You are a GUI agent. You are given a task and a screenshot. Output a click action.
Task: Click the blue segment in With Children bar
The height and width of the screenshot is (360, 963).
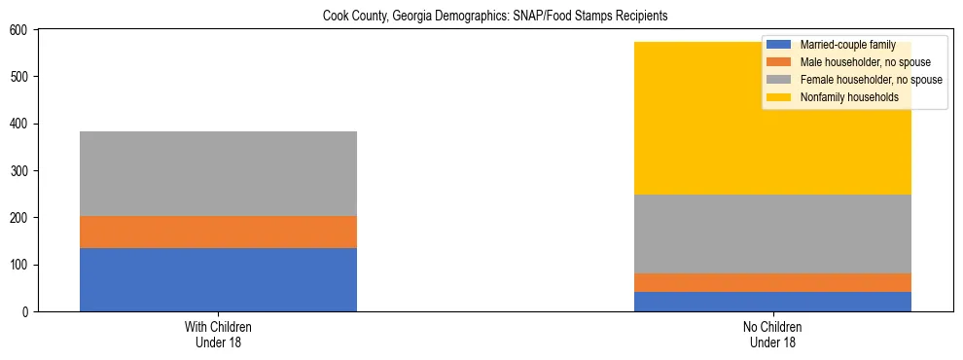coord(218,279)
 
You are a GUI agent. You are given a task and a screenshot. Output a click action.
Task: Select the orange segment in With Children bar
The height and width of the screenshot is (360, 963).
coord(218,232)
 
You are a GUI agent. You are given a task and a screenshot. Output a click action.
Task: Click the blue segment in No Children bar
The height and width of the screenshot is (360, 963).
coord(772,302)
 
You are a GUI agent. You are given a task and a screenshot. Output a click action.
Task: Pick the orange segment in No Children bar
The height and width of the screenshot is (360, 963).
coord(772,282)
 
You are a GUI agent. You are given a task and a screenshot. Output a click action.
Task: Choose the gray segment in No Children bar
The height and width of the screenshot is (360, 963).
coord(772,234)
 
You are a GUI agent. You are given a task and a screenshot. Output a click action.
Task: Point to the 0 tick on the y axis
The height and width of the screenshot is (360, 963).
coord(26,311)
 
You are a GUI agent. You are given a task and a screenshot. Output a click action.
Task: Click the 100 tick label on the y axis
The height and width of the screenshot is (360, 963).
coord(20,265)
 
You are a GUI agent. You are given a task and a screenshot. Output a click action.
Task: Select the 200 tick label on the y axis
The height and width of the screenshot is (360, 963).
coord(20,218)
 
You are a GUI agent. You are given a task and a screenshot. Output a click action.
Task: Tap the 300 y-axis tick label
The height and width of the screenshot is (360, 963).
coord(20,170)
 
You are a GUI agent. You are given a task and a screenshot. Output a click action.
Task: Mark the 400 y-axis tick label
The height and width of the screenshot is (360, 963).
coord(20,124)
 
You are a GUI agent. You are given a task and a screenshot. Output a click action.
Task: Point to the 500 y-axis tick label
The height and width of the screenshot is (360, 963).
coord(20,77)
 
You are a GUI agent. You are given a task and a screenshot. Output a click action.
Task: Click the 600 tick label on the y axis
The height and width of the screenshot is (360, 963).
coord(20,30)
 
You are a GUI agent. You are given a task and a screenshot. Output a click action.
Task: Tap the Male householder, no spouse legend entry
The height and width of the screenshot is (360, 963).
coord(851,62)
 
